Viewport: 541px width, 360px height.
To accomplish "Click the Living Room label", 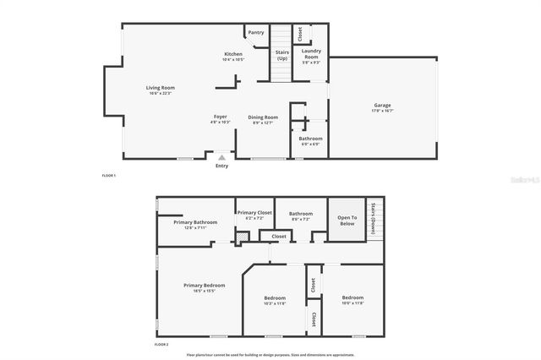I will (x=161, y=88).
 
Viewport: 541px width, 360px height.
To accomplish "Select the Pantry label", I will (x=254, y=33).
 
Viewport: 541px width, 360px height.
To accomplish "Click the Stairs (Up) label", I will (x=282, y=56).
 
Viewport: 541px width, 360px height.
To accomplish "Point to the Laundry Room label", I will (x=310, y=52).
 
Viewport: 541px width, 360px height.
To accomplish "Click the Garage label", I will (x=382, y=106).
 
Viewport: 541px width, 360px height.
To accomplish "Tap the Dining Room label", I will (x=263, y=117).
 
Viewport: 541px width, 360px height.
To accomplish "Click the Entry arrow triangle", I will (x=221, y=156).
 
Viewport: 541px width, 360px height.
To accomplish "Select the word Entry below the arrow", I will (x=221, y=166).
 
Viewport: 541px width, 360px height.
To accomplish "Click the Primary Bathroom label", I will (x=195, y=222).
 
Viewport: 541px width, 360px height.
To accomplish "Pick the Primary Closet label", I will (x=254, y=213).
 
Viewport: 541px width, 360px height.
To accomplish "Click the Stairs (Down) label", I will (x=374, y=218).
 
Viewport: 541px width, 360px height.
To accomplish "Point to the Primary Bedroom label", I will (x=204, y=286).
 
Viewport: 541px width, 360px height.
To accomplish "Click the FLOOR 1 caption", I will (x=108, y=175).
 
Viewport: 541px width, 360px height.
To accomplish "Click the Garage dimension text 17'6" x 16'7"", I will (x=382, y=111).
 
